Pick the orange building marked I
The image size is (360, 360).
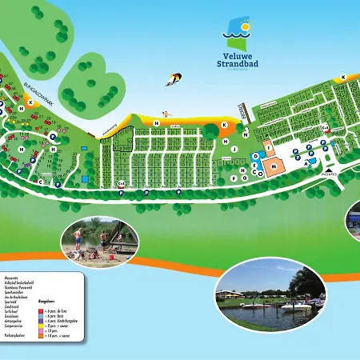pos(269,147)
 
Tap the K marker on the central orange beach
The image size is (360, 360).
pos(225,126)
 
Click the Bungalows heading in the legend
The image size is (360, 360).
pos(47,301)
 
